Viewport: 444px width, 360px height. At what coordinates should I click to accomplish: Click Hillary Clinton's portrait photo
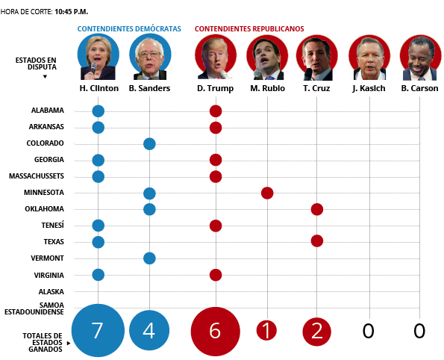click(99, 57)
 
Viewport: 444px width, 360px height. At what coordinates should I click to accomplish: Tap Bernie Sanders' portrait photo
click(150, 57)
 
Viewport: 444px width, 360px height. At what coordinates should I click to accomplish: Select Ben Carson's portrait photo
click(421, 58)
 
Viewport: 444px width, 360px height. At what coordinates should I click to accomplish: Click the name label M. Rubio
click(268, 88)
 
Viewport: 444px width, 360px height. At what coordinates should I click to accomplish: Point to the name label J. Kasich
click(369, 88)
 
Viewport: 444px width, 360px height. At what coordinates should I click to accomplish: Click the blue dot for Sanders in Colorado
click(149, 144)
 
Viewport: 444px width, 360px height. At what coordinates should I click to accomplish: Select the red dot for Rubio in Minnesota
click(267, 193)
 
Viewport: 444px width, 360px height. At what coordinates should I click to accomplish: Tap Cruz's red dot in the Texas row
click(317, 241)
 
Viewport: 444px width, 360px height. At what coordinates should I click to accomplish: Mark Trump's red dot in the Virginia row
click(216, 275)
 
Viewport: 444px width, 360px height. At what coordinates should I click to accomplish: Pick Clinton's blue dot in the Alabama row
click(99, 111)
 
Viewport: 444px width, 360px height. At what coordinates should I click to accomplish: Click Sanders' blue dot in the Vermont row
click(149, 258)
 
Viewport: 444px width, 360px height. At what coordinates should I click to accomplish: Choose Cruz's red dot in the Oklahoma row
click(317, 209)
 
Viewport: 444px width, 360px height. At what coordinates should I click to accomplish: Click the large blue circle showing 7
click(98, 330)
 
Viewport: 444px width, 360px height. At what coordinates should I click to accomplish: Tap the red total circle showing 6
click(216, 332)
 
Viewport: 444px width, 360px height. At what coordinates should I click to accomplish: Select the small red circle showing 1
click(266, 330)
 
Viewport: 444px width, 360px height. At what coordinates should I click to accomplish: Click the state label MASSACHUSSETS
click(37, 176)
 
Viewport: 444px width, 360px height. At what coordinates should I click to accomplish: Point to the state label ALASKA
click(51, 292)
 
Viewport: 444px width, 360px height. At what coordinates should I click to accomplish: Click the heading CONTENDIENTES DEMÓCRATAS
click(129, 29)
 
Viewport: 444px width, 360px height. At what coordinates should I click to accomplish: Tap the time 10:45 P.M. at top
click(72, 12)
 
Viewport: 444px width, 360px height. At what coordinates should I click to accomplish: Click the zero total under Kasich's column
click(368, 331)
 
